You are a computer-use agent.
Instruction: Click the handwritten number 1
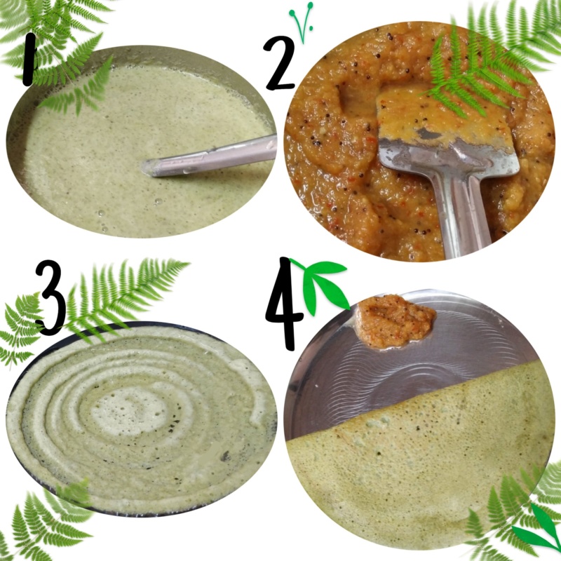[x=29, y=60]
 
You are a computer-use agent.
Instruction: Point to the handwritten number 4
[x=285, y=304]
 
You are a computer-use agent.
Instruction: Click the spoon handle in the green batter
[x=211, y=156]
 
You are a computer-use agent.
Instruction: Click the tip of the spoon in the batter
[x=147, y=168]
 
